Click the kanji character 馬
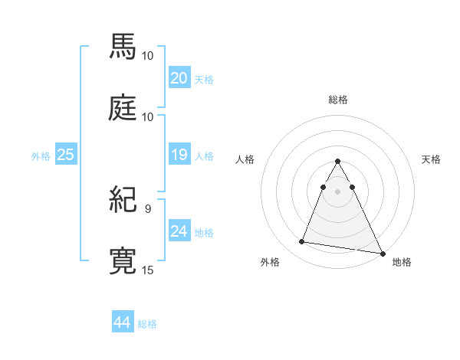point(123,47)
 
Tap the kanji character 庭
point(123,107)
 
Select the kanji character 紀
point(123,201)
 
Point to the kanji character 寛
point(123,260)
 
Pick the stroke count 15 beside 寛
point(148,270)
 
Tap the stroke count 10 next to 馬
point(148,56)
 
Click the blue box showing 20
point(179,77)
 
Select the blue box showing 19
point(179,155)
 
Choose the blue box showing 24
point(179,231)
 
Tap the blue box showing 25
point(66,155)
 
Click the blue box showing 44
point(123,322)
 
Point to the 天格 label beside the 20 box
point(204,79)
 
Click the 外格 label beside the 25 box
point(41,156)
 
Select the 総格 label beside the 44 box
point(147,324)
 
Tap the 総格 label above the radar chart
point(338,100)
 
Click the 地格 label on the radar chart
point(402,262)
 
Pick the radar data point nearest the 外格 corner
point(301,242)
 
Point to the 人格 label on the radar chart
point(245,159)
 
